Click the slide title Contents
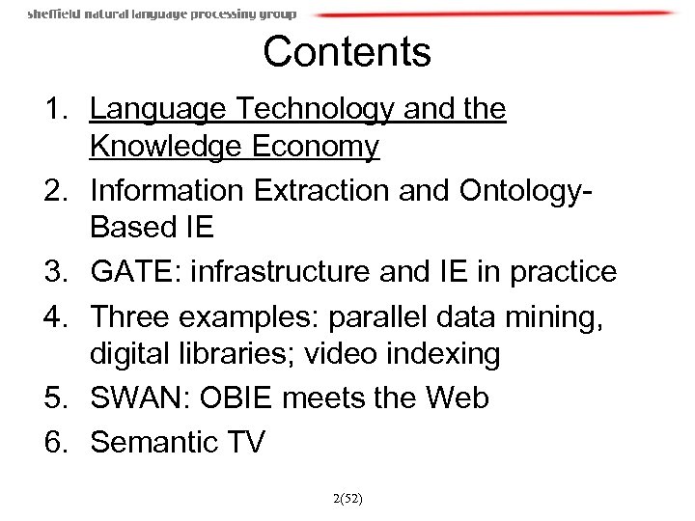pyautogui.click(x=347, y=52)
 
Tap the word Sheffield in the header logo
pyautogui.click(x=55, y=14)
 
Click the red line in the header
pyautogui.click(x=492, y=14)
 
